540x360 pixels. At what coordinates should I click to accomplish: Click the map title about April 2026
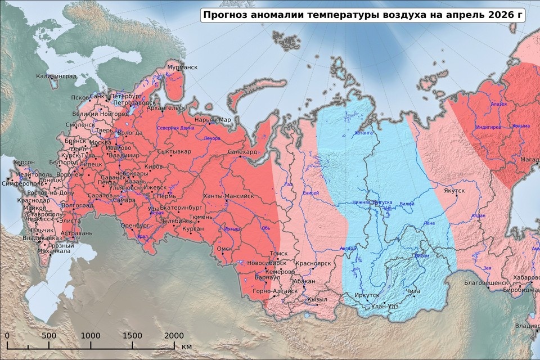[362, 15]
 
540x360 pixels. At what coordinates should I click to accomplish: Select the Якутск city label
[453, 191]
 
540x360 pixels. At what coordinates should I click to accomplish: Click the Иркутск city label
[367, 295]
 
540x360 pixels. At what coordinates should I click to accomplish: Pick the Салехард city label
[242, 152]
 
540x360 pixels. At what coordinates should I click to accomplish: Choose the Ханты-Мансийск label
[228, 196]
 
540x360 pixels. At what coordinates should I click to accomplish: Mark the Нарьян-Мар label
[212, 120]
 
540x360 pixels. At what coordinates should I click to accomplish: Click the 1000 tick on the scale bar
[91, 336]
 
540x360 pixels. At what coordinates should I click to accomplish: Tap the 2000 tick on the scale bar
[174, 336]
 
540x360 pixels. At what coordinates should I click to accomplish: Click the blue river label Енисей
[310, 193]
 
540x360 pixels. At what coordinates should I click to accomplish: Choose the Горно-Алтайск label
[275, 291]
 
